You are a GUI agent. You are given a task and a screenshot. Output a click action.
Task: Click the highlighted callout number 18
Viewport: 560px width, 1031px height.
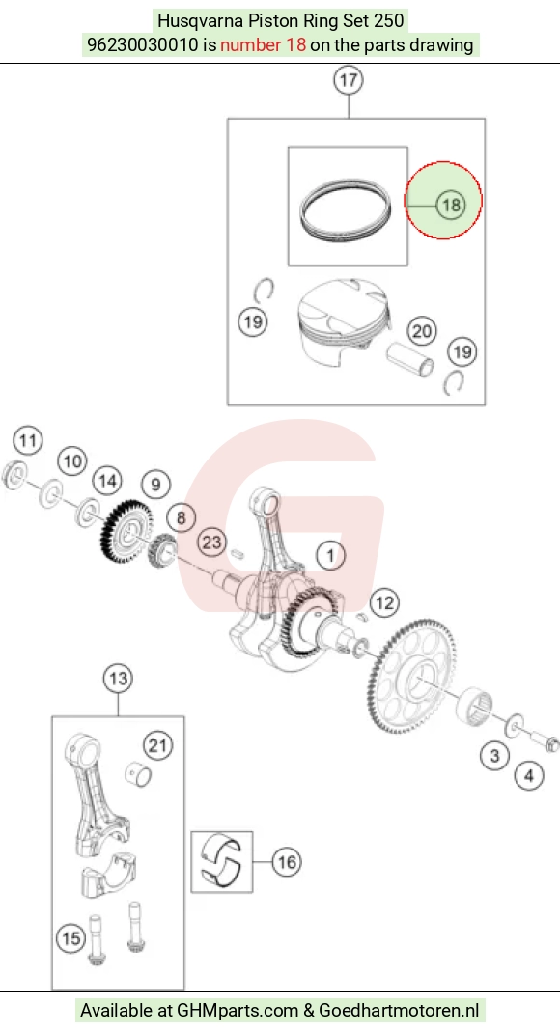(451, 205)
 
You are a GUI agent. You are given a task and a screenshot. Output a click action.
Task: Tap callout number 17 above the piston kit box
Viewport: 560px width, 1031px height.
(349, 80)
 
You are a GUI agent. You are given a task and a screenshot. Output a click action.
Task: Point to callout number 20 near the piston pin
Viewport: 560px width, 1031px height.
(421, 331)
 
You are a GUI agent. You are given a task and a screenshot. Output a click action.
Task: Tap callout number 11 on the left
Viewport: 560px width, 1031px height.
(28, 440)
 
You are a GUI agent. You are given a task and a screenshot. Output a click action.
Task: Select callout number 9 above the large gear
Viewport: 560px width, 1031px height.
(155, 485)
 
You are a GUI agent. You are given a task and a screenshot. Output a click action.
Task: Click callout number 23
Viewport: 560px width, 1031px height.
(211, 543)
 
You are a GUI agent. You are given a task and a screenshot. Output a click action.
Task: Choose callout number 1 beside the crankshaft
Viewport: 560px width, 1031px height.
(330, 555)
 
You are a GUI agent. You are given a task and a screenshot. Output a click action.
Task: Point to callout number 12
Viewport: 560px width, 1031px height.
(384, 602)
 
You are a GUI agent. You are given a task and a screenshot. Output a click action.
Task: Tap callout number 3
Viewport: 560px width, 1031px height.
(495, 756)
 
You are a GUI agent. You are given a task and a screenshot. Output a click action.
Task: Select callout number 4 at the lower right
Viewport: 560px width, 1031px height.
(529, 776)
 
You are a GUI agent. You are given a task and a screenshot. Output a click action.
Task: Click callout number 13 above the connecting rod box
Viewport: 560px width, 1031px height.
(119, 678)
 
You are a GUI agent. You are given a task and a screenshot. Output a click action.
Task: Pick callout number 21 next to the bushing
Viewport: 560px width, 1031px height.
(157, 745)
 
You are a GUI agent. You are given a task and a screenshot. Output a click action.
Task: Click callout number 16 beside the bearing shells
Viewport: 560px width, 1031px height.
(287, 861)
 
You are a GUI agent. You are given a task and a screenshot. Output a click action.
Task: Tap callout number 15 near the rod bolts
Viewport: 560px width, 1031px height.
(71, 938)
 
